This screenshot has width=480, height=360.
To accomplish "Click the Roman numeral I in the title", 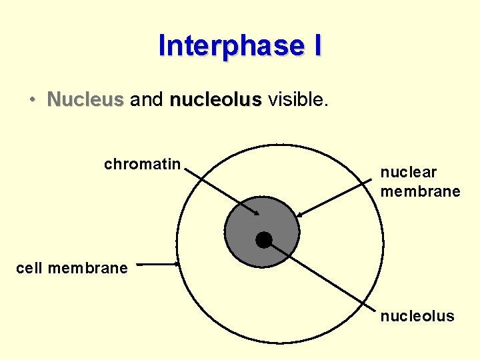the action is (x=316, y=46).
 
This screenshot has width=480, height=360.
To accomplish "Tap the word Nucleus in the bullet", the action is (x=85, y=100).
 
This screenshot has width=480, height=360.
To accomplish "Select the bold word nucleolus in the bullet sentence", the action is (x=216, y=100).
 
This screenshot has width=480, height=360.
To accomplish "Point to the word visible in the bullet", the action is (x=296, y=100).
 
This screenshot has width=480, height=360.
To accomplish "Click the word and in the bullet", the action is (x=147, y=100).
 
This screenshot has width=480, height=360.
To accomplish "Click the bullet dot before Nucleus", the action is (x=32, y=101).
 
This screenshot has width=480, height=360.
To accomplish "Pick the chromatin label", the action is (x=142, y=164).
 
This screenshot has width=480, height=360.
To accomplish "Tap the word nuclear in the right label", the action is (x=408, y=173).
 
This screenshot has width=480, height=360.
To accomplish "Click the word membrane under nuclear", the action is (x=420, y=191).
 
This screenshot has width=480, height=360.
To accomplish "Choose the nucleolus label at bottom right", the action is (x=417, y=316).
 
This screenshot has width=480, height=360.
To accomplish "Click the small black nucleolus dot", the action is (x=264, y=240).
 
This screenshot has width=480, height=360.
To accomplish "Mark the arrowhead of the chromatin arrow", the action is (x=257, y=213).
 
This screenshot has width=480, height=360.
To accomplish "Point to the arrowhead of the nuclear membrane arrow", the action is (x=299, y=215).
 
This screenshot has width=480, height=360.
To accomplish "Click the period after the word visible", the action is (x=327, y=105).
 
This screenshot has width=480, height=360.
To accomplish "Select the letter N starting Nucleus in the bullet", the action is (x=53, y=100).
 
